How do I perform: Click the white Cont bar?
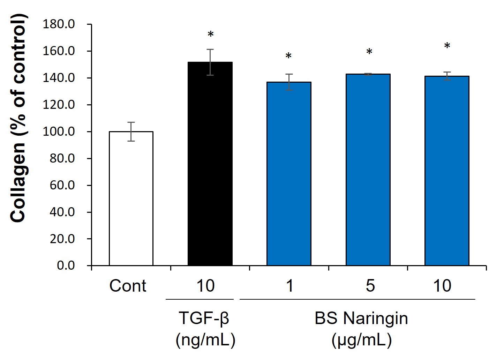pyautogui.click(x=131, y=198)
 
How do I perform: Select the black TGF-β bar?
pyautogui.click(x=210, y=164)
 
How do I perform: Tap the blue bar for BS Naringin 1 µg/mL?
pyautogui.click(x=289, y=174)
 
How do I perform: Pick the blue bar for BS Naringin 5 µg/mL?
pyautogui.click(x=368, y=170)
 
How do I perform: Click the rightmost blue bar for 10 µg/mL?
pyautogui.click(x=447, y=171)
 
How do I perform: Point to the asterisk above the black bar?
pyautogui.click(x=211, y=35)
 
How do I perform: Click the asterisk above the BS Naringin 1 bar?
pyautogui.click(x=288, y=55)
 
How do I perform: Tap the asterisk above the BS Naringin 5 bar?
pyautogui.click(x=369, y=52)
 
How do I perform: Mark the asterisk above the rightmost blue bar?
pyautogui.click(x=447, y=46)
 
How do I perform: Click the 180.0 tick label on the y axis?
pyautogui.click(x=59, y=24)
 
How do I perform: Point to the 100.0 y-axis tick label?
pyautogui.click(x=59, y=132)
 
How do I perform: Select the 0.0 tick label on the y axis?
pyautogui.click(x=66, y=265)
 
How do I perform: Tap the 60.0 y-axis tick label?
pyautogui.click(x=62, y=185)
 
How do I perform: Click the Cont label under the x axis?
pyautogui.click(x=128, y=286)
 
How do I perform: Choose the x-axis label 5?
pyautogui.click(x=370, y=286)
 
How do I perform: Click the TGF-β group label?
pyautogui.click(x=204, y=318)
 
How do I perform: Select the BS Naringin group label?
pyautogui.click(x=361, y=318)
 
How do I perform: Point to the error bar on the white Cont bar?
pyautogui.click(x=131, y=132)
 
